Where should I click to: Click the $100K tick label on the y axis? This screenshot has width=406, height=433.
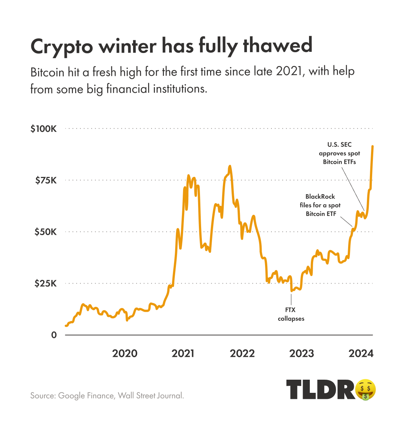(44, 129)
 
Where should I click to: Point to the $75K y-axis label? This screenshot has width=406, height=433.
(46, 181)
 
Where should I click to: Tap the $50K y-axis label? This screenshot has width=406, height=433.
(45, 232)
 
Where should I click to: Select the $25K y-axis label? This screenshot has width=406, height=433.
(45, 284)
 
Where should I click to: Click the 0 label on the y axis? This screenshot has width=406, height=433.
(54, 335)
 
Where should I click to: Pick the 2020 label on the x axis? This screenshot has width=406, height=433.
(125, 353)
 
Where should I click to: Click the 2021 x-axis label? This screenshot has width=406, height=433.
(183, 353)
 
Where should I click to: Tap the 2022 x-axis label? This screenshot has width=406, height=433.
(242, 353)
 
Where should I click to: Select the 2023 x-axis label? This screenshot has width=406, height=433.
(301, 353)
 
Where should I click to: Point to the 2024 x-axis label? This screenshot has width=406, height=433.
(361, 353)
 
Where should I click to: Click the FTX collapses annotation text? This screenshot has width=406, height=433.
(291, 314)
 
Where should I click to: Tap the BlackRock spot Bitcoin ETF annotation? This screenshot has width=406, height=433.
(320, 205)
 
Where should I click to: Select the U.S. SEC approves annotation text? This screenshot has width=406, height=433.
(339, 153)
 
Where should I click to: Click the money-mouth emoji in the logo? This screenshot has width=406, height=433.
(366, 389)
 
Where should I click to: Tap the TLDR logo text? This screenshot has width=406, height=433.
(320, 389)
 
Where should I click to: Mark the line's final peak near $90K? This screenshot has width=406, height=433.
(373, 146)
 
